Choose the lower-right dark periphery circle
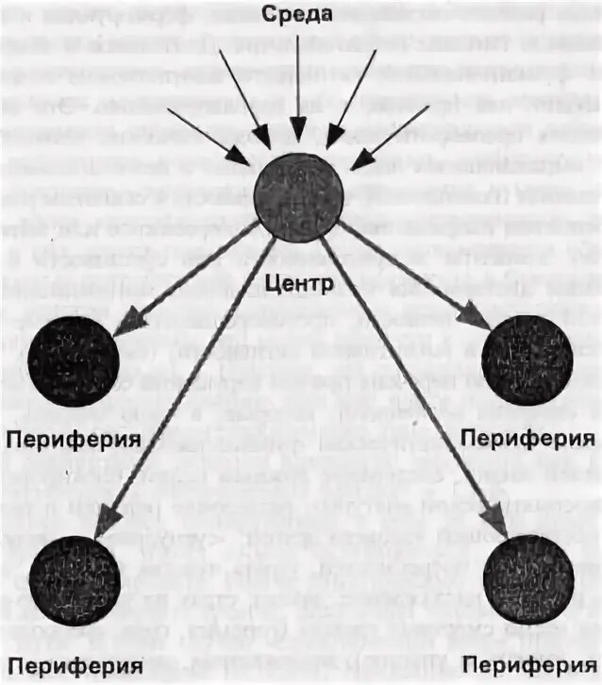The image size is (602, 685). tap(527, 577)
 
